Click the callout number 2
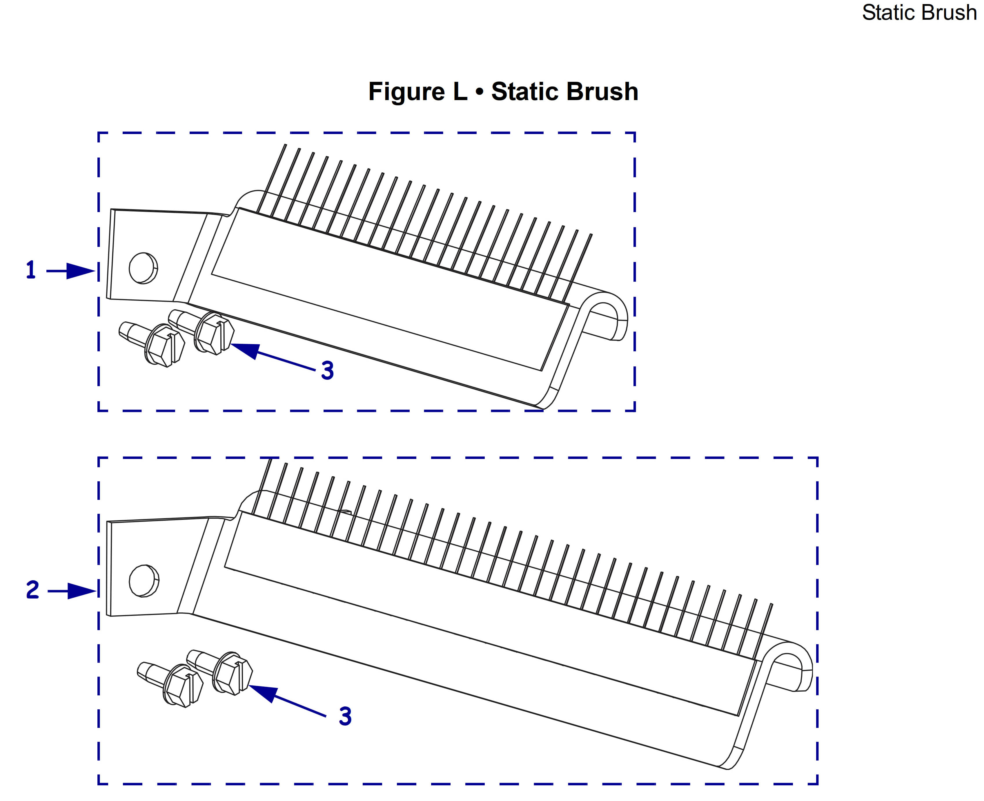(32, 590)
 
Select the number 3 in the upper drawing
(327, 370)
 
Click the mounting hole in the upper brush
(143, 268)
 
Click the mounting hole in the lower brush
(144, 581)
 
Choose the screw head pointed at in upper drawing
(213, 333)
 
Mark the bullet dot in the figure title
(480, 92)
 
